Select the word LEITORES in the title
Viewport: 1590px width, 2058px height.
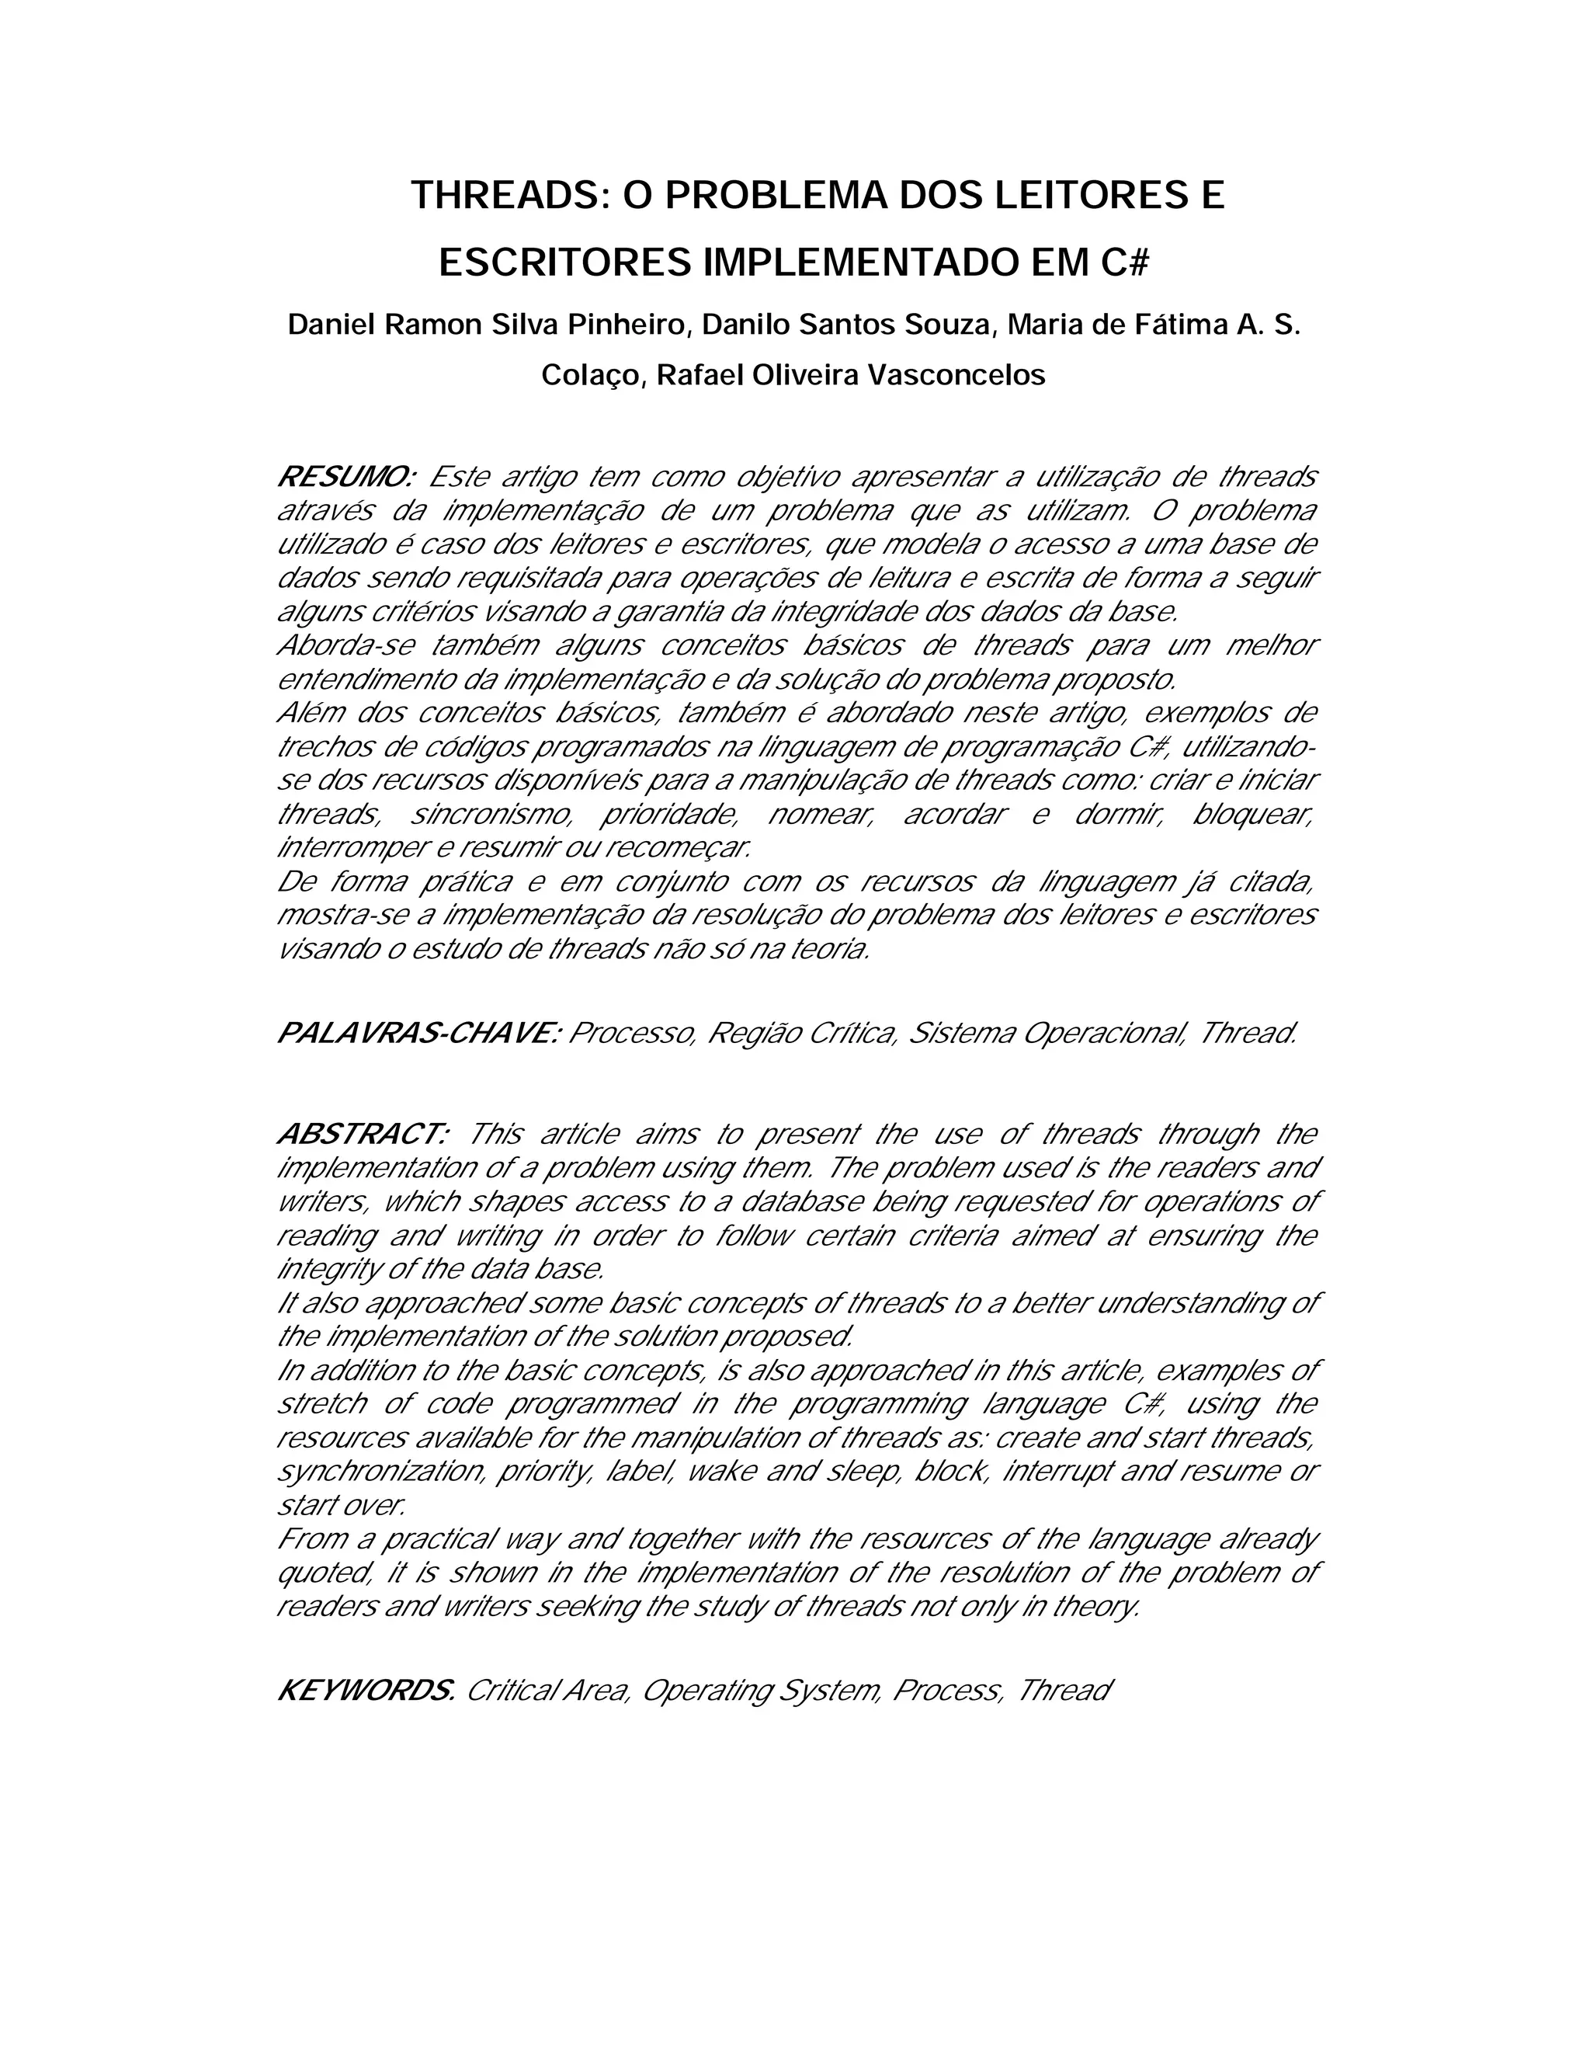(1078, 196)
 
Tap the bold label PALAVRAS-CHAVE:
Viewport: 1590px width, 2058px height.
(418, 1034)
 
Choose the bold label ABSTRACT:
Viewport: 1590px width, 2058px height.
(363, 1134)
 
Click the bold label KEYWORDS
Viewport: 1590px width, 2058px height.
(366, 1690)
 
